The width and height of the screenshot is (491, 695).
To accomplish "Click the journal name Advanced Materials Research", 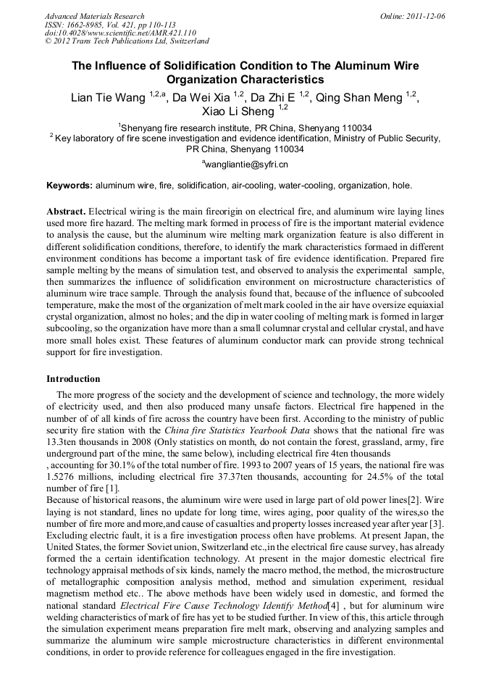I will pos(94,16).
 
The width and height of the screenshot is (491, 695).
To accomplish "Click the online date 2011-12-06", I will pos(424,16).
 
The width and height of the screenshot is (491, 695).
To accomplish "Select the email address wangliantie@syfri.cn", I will pos(246,165).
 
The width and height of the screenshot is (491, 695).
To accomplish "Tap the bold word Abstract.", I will pos(66,211).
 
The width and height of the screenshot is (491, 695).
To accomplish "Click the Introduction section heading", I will pos(73,379).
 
